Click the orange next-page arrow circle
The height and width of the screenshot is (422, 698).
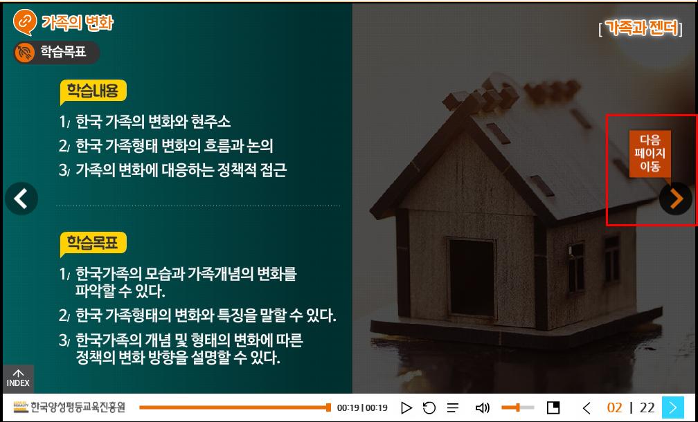[x=676, y=199]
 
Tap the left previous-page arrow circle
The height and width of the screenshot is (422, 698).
[x=21, y=199]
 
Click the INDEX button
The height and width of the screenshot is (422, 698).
[x=18, y=378]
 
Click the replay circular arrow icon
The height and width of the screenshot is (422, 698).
[x=429, y=407]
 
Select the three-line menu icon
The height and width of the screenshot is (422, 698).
[x=453, y=407]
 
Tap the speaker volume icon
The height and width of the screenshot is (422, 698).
[x=482, y=407]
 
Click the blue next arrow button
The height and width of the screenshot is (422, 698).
[x=672, y=407]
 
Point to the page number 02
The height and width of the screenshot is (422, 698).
[x=615, y=407]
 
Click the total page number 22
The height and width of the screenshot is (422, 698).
[x=647, y=407]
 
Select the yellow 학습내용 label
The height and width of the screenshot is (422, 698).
[x=93, y=91]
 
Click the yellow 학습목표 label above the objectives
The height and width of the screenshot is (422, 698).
[x=93, y=243]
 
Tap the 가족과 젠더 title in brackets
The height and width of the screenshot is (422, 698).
[x=641, y=29]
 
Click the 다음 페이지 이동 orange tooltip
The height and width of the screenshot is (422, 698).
[x=650, y=154]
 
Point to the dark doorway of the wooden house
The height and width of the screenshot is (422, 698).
[x=472, y=278]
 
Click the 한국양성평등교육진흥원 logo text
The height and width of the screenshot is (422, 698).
[x=78, y=407]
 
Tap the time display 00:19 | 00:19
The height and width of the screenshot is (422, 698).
[x=362, y=407]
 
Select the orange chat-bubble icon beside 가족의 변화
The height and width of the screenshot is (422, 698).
[x=24, y=21]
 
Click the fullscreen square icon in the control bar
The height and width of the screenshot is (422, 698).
[x=553, y=407]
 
